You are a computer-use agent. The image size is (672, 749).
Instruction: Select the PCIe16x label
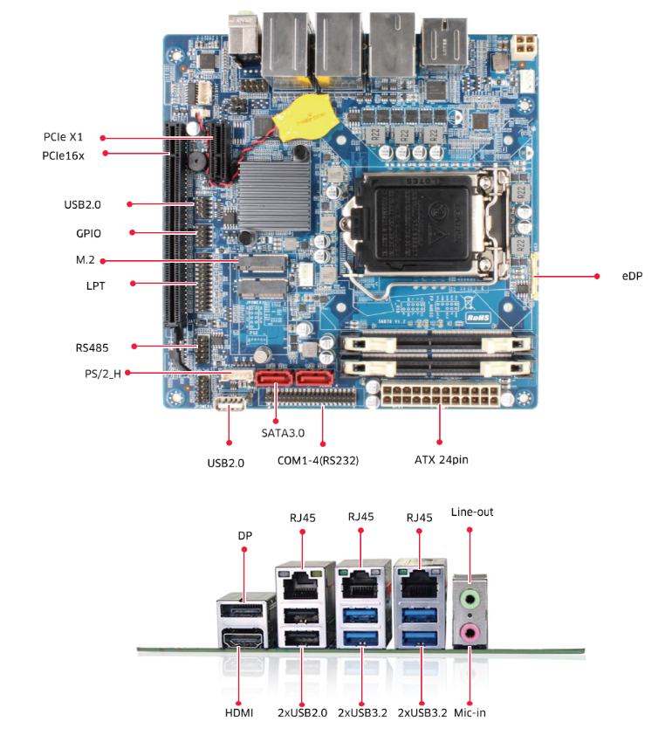[x=63, y=155]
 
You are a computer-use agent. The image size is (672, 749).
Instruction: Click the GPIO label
[x=88, y=233]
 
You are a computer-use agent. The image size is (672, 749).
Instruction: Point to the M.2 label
[x=86, y=260]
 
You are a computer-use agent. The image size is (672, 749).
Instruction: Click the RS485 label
[x=92, y=347]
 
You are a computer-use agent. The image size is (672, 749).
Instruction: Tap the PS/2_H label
[x=97, y=374]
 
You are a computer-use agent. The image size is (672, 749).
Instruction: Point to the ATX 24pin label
[x=442, y=459]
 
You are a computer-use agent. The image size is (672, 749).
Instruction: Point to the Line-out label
[x=472, y=512]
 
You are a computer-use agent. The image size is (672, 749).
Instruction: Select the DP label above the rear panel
[x=244, y=534]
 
